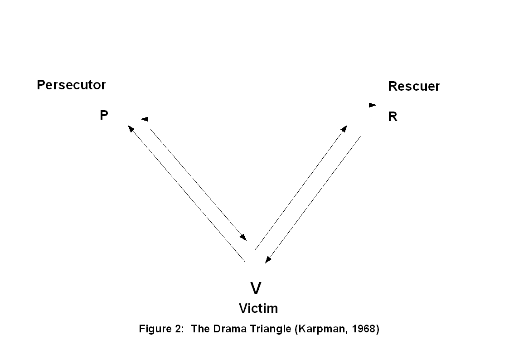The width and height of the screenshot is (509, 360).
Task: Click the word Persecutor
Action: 71,85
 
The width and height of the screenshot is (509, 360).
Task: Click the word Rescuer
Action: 413,86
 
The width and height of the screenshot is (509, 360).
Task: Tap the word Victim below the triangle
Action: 258,308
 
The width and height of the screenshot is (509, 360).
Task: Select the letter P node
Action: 104,115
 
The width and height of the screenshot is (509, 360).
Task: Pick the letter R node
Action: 393,117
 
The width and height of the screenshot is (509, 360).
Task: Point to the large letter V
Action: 256,288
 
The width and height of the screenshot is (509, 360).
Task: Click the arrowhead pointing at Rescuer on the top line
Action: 373,105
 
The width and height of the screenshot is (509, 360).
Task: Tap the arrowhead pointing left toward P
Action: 144,119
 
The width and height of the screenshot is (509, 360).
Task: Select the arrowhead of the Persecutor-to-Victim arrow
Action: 243,237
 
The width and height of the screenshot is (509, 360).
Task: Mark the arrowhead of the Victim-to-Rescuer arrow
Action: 344,129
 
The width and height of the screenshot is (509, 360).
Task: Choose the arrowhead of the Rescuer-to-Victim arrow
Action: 268,259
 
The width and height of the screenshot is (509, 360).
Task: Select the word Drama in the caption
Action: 228,329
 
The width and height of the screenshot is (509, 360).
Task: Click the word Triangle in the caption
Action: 270,329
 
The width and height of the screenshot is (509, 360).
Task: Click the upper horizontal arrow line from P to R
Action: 254,105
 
